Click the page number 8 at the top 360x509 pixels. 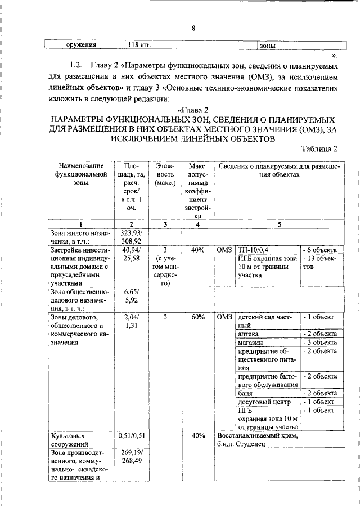coord(193,29)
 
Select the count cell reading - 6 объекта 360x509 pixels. coord(319,250)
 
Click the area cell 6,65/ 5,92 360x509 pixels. coord(130,296)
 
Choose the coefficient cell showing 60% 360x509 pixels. coord(197,317)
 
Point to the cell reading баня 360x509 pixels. coord(245,394)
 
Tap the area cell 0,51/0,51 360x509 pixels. coord(130,435)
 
